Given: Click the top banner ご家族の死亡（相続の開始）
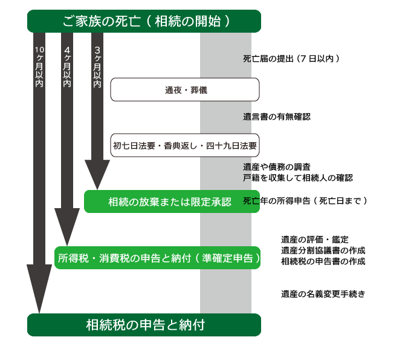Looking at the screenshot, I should [144, 21].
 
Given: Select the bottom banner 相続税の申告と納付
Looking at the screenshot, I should [144, 325].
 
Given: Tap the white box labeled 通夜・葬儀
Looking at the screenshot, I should [184, 90].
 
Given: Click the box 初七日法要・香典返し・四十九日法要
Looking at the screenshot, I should [184, 146].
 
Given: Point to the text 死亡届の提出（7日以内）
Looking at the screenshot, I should [292, 59].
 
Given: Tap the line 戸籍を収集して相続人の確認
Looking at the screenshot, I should [298, 178].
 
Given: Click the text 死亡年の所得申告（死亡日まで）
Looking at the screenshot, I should [305, 200].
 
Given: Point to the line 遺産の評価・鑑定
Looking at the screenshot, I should [314, 240].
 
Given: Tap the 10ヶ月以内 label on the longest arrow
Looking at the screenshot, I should [39, 67].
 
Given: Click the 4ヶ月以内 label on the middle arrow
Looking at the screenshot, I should [67, 67].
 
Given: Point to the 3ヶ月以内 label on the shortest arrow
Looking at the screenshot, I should [97, 67].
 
